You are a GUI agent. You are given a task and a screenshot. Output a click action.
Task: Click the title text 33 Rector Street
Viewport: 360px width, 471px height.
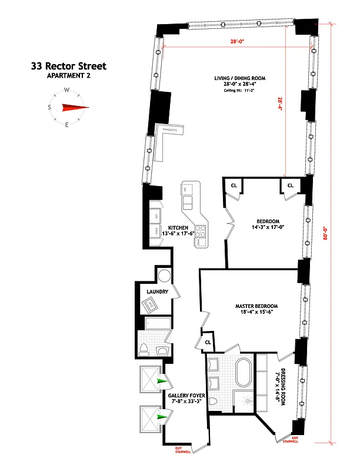click(x=68, y=67)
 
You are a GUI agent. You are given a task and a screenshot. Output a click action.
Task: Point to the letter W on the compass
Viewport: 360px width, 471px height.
click(x=67, y=90)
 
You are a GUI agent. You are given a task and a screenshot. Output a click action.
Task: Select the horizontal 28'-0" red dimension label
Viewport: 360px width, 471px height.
click(x=236, y=42)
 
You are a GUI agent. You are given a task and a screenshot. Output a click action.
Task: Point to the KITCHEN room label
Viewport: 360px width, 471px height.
click(x=178, y=228)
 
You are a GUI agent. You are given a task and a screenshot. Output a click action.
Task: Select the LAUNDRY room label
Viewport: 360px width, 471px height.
click(x=158, y=292)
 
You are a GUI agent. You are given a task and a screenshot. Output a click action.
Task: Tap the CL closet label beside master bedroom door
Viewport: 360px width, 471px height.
click(x=208, y=342)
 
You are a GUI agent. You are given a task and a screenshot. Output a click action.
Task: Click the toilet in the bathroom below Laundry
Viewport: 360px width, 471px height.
click(x=144, y=349)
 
